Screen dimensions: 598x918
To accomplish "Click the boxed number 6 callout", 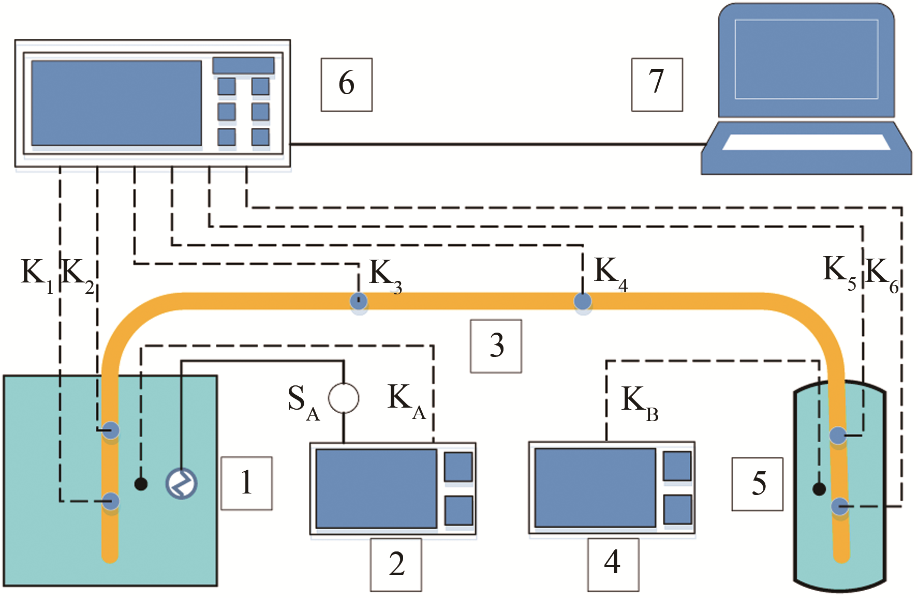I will point(346,84).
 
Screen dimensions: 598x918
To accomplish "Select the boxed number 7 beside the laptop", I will point(657,84).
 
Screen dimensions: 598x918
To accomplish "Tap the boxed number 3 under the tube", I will point(496,346).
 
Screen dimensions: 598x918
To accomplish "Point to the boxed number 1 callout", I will point(246,483).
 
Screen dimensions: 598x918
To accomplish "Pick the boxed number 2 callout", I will point(396,564).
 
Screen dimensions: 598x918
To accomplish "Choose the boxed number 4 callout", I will point(613,564).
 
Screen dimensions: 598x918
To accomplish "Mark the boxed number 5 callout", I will point(757,484).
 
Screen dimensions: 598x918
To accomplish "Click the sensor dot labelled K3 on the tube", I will point(359,301).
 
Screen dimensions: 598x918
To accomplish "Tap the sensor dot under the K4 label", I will point(583,301).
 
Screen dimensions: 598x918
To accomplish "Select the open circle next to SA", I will point(344,398).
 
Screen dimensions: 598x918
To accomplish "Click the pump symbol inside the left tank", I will point(181,483).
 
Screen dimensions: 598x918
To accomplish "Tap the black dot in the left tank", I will point(141,484).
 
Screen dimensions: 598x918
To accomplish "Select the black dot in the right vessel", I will point(819,488).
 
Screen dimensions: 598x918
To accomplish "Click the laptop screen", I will point(806,59).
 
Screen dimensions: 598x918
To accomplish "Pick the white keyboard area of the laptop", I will point(806,142).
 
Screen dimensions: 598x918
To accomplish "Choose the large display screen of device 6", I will point(116,103).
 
